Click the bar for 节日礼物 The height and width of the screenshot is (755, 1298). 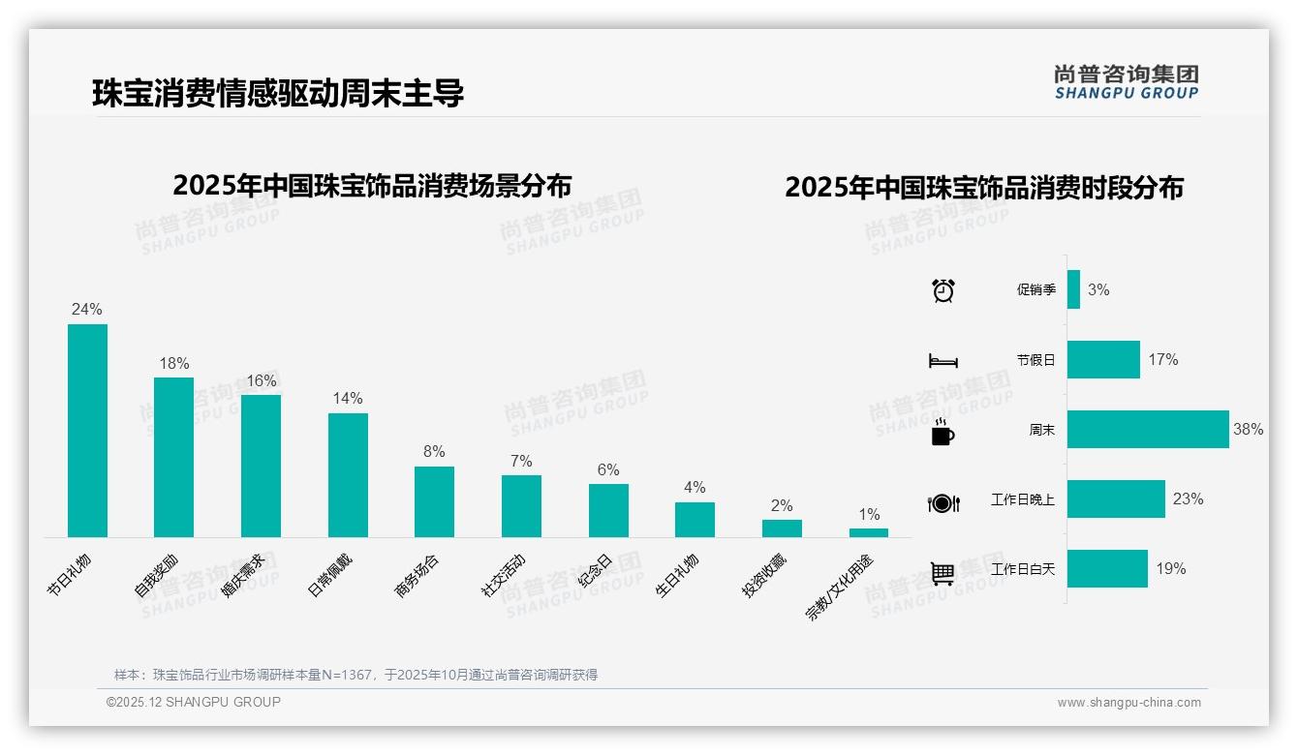(x=87, y=431)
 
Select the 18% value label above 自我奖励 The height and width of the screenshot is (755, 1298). (x=174, y=364)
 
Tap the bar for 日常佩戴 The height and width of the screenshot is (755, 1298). (x=348, y=475)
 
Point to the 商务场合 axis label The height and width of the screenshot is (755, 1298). (x=417, y=576)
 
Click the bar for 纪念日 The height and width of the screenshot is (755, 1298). (x=608, y=510)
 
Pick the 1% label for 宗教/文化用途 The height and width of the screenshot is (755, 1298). (x=869, y=515)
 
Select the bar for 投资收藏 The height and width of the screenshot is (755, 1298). (x=782, y=528)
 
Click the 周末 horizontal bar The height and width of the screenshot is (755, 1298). (x=1148, y=430)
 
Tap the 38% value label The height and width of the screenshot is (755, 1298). (x=1248, y=430)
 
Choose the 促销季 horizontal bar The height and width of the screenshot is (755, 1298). (x=1073, y=289)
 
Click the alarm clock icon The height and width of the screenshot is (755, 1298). (x=943, y=290)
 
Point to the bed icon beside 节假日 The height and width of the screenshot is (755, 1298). (x=943, y=361)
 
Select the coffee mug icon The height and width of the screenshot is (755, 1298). (x=943, y=432)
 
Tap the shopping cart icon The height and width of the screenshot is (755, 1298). (x=943, y=573)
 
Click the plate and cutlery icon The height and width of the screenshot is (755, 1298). (x=943, y=503)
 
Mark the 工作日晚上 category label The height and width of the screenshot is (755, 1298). (x=1023, y=500)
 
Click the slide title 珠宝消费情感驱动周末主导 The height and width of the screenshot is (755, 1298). (x=278, y=93)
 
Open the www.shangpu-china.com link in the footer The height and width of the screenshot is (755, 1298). (x=1128, y=703)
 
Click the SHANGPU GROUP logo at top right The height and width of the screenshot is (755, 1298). (x=1126, y=82)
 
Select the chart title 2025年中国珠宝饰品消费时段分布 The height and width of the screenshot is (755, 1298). (x=984, y=188)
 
